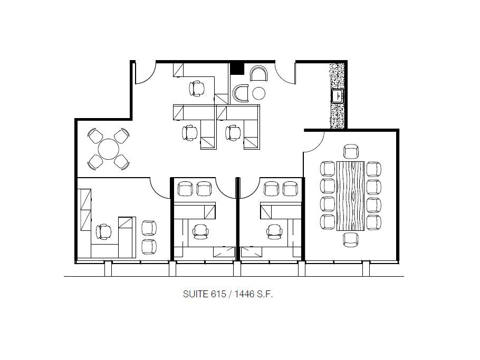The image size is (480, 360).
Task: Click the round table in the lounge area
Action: [x=109, y=149]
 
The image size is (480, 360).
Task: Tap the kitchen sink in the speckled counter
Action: [x=337, y=96]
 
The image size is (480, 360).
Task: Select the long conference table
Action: [x=351, y=196]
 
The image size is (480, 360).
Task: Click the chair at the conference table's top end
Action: [x=351, y=152]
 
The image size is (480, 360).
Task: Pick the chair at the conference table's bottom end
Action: [x=351, y=239]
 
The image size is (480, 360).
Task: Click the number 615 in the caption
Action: [x=213, y=295]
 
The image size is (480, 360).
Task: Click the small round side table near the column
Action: [x=258, y=93]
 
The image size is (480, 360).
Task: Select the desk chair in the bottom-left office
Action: [x=104, y=231]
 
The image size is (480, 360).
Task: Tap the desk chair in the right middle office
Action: [x=274, y=231]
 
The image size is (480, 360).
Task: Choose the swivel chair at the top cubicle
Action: [x=197, y=88]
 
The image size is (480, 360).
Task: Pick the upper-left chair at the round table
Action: [x=96, y=136]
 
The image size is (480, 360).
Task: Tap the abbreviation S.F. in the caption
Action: [x=264, y=295]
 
